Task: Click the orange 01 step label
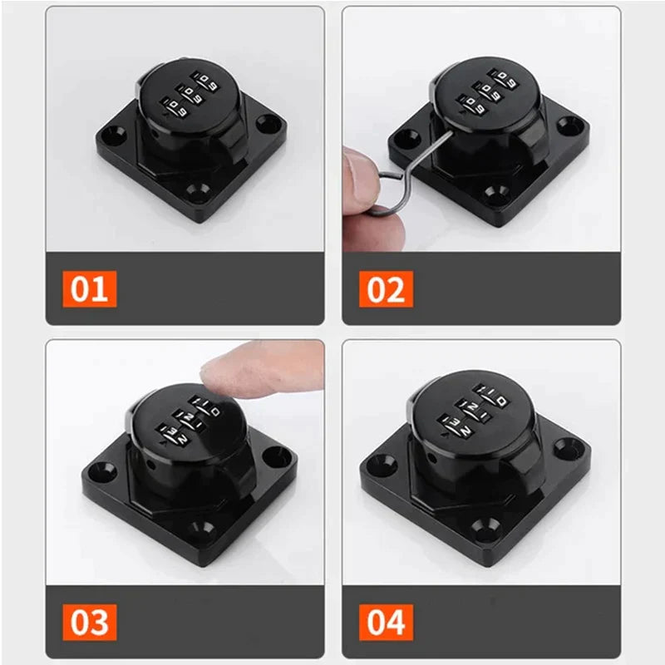point(90,288)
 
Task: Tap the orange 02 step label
point(386,288)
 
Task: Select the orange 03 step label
point(90,622)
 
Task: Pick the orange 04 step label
point(386,622)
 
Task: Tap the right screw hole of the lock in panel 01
point(269,123)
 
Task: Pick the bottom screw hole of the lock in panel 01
point(198,192)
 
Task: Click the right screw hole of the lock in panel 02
point(569,126)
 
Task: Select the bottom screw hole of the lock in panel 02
point(496,193)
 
